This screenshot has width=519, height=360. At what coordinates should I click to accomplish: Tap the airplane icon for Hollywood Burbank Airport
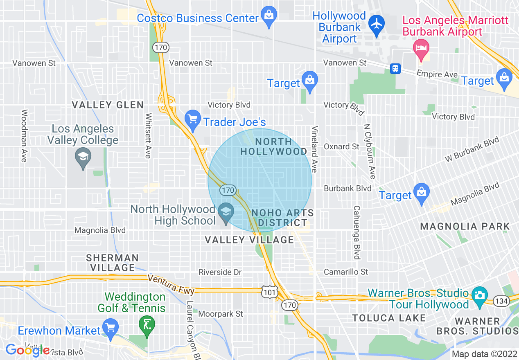coord(376,23)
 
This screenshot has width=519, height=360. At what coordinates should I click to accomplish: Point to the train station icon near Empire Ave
coord(395,68)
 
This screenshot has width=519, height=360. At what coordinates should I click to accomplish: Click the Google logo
coord(27,350)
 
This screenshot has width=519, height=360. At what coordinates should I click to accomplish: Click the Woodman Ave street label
coord(24,135)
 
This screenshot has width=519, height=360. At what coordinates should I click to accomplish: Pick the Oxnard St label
coord(341,146)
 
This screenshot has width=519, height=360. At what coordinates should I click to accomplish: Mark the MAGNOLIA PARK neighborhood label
coord(465,226)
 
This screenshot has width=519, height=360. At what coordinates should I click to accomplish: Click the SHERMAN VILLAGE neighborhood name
coord(112,263)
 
